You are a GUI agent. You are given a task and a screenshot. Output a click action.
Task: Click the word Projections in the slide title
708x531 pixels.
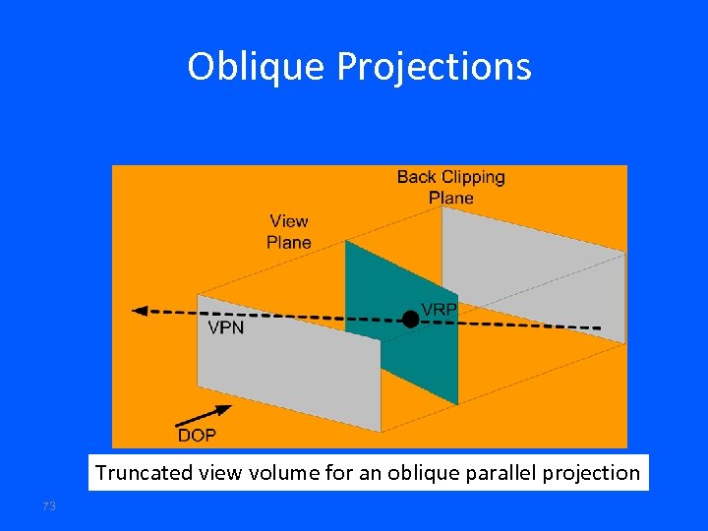(x=434, y=67)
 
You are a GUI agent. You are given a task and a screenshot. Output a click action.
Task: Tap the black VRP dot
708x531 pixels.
(x=409, y=318)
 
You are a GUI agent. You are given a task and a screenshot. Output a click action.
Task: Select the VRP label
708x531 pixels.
(x=439, y=309)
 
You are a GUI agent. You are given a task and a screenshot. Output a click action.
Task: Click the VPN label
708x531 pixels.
(x=226, y=328)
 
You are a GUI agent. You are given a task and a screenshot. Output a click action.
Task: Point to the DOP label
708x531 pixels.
(x=197, y=435)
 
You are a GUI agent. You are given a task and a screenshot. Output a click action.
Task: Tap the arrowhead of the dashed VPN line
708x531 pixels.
(x=140, y=311)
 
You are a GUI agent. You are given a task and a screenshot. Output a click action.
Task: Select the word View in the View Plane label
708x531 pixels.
(x=289, y=221)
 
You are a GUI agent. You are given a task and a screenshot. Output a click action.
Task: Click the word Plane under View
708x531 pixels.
(x=289, y=242)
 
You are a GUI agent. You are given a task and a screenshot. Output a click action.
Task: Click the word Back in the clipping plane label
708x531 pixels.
(x=416, y=177)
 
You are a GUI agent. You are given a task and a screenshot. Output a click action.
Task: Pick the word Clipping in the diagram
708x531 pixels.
(x=471, y=177)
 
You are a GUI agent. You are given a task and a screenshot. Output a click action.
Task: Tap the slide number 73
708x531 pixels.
(x=50, y=505)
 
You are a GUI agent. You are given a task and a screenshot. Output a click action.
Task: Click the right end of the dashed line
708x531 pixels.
(x=598, y=326)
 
